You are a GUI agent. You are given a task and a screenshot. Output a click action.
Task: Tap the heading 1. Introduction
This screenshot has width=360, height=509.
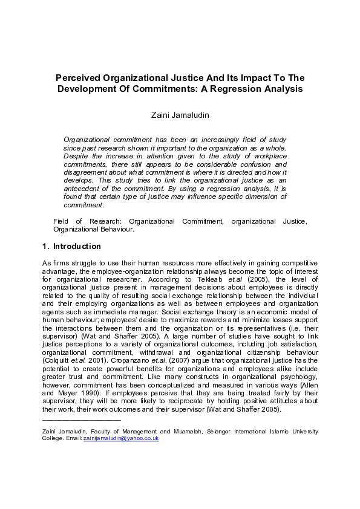click(x=71, y=247)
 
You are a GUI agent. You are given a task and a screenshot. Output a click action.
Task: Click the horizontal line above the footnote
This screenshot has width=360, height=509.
click(x=81, y=418)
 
